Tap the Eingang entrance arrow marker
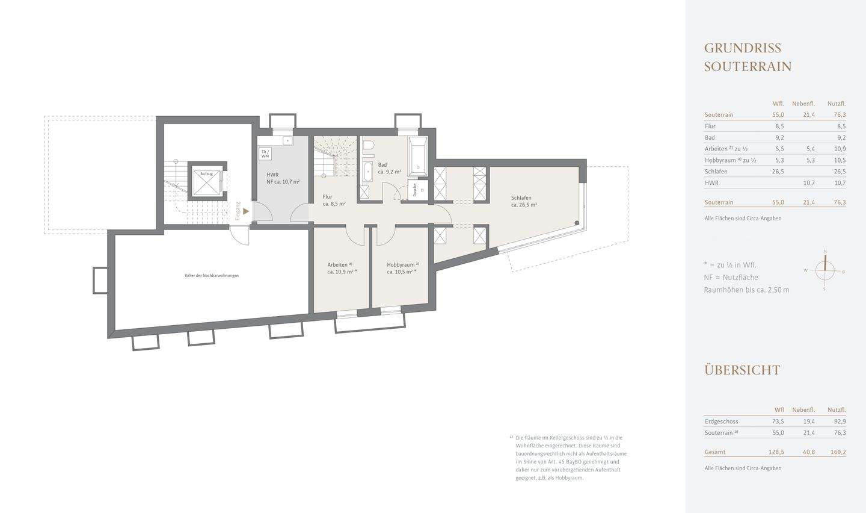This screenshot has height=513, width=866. [245, 211]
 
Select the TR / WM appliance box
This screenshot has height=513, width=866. [265, 154]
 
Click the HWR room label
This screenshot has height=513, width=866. [272, 175]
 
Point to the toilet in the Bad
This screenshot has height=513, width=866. [368, 147]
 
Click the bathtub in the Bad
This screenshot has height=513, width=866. [417, 156]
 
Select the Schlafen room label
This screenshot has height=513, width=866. [521, 198]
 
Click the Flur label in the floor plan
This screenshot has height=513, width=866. [328, 197]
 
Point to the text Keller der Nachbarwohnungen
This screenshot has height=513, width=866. [212, 276]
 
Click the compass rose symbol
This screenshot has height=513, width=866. [825, 270]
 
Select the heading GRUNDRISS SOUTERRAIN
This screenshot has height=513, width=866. [748, 57]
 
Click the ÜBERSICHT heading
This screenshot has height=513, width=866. [742, 370]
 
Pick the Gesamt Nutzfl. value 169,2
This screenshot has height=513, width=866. [837, 452]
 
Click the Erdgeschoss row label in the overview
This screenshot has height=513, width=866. [721, 421]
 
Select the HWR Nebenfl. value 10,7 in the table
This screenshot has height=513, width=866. [809, 183]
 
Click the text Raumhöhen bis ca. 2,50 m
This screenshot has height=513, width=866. [746, 290]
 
